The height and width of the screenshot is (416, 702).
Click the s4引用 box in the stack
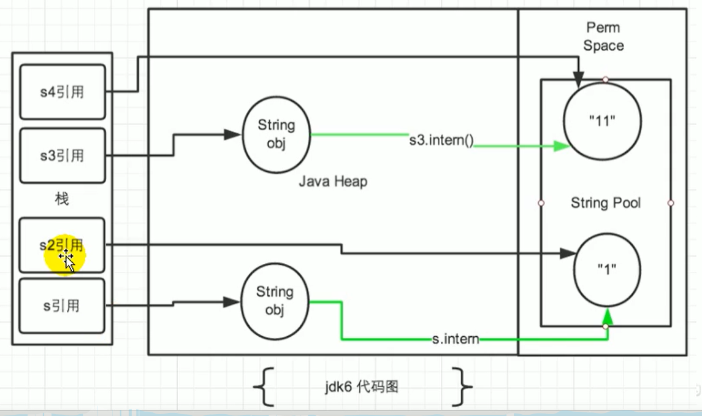point(62,92)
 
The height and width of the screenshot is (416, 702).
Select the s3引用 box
point(62,156)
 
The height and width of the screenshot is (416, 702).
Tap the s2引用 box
point(62,245)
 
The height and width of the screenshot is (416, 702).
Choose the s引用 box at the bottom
point(62,306)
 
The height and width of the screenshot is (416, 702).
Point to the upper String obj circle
point(276,134)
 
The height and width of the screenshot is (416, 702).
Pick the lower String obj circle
point(275,301)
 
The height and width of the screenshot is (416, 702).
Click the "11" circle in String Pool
point(602,121)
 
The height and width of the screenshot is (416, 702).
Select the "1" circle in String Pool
point(606,270)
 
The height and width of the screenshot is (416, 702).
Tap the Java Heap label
point(333,182)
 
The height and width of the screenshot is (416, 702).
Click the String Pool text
point(605,203)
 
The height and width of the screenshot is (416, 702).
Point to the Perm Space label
point(603,37)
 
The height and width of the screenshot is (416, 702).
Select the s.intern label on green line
point(454,338)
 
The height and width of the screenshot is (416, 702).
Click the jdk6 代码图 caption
point(362,387)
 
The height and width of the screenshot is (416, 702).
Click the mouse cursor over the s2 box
point(67,260)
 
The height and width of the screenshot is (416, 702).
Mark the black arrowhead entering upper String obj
point(232,134)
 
